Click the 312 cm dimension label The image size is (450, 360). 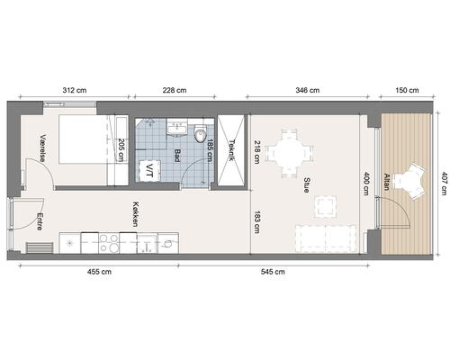tap(75, 90)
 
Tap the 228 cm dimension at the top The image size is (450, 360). tap(175, 90)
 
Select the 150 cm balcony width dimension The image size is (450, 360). tap(407, 90)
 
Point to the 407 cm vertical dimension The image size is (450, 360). tap(444, 184)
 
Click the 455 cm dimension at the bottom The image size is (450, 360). tap(99, 272)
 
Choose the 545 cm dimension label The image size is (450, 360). tap(273, 272)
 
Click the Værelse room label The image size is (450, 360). tap(43, 148)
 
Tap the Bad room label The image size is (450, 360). tap(177, 156)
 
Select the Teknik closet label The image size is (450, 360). tap(231, 150)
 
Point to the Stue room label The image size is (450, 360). tap(306, 184)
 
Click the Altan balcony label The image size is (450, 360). tap(386, 182)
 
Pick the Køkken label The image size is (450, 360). tap(136, 214)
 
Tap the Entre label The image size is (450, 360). tap(40, 221)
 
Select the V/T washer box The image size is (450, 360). tap(149, 171)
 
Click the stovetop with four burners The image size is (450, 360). tap(109, 243)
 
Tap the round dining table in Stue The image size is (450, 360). tap(290, 153)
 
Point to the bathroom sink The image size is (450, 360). tap(177, 128)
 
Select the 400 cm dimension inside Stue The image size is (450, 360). tap(366, 184)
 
